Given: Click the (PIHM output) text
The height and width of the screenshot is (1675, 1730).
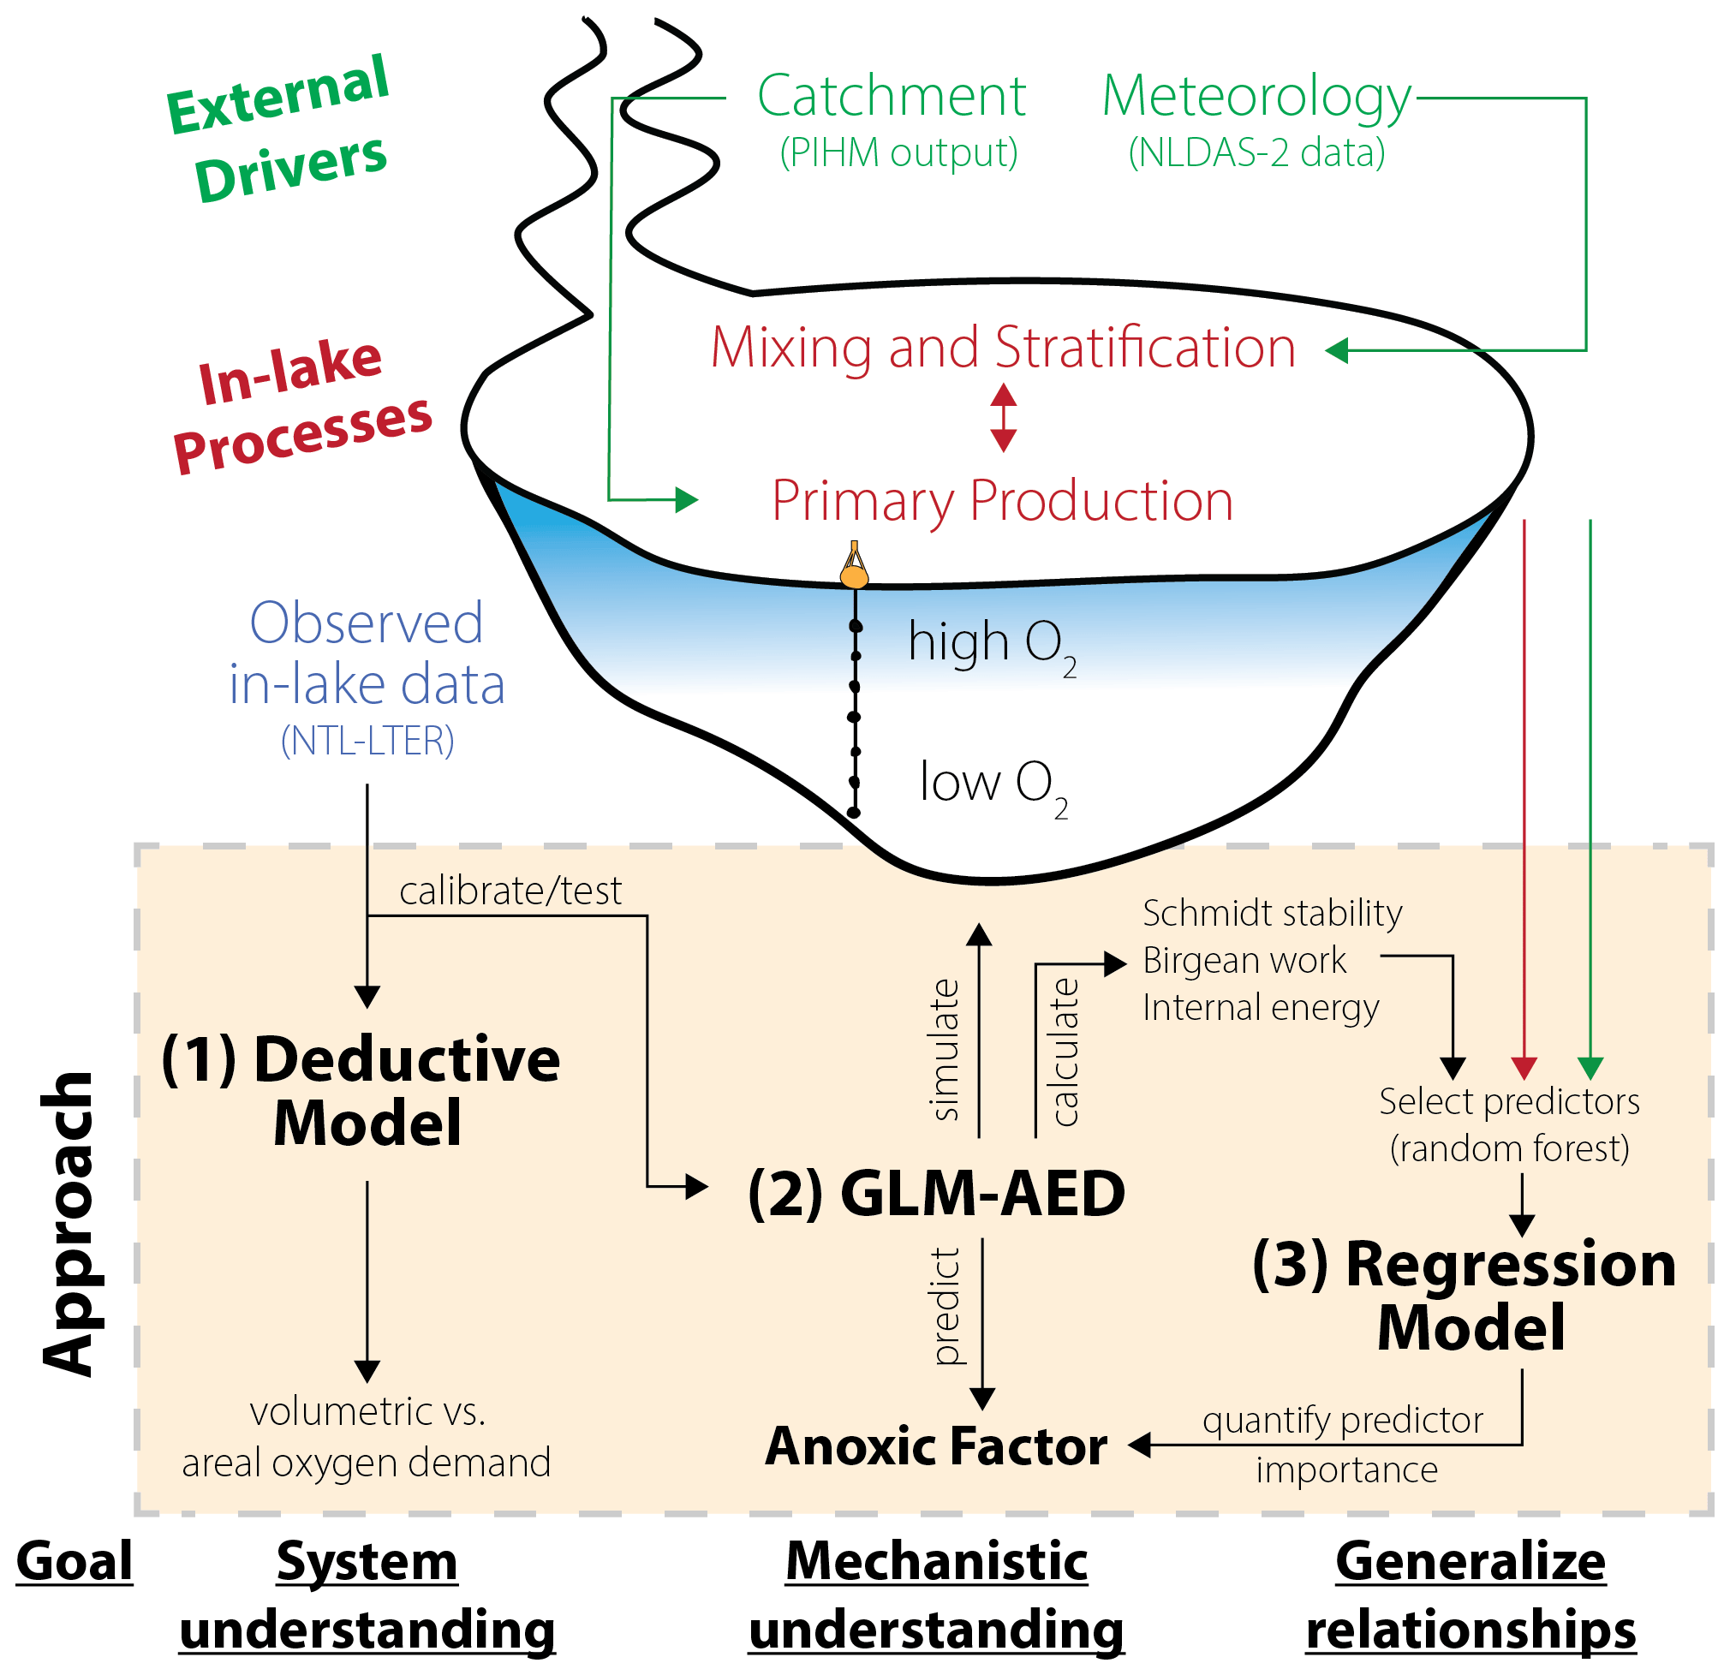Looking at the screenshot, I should pos(898,152).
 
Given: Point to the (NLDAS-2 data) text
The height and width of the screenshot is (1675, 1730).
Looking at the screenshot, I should pos(1257,152).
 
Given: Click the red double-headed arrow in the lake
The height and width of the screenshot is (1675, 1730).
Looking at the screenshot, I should pos(1004,417).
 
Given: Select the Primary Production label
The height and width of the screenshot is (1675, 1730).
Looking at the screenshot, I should pos(1003,500).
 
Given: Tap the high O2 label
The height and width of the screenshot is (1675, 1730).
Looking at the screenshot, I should pos(990,644).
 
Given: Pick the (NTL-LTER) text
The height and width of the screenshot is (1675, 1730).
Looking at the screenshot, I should pos(367,741).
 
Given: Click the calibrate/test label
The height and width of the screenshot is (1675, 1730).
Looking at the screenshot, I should pos(510,891).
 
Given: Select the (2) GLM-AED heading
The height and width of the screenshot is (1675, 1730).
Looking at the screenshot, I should pos(936,1193).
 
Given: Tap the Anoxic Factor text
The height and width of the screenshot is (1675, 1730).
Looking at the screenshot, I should pos(936,1446).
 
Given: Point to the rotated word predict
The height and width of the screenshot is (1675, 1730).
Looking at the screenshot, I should pos(946,1306).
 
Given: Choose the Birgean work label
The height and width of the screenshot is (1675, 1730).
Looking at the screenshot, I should pos(1244,960).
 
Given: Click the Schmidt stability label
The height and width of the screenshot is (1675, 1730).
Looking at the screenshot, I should pos(1272,914).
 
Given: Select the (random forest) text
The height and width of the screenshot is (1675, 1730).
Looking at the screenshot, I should pos(1509,1149).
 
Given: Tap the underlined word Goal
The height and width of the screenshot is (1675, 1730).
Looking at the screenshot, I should pos(75,1561).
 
